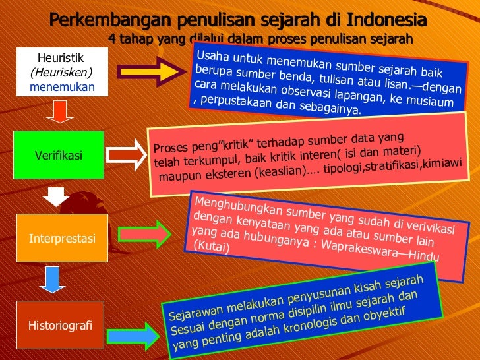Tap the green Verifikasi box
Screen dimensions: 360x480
[59, 156]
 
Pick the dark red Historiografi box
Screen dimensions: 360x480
[60, 325]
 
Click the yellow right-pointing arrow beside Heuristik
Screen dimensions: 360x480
[153, 68]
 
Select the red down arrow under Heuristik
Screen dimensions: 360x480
[59, 113]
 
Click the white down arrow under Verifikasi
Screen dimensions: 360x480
[57, 196]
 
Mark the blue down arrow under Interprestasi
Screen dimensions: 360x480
[58, 280]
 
